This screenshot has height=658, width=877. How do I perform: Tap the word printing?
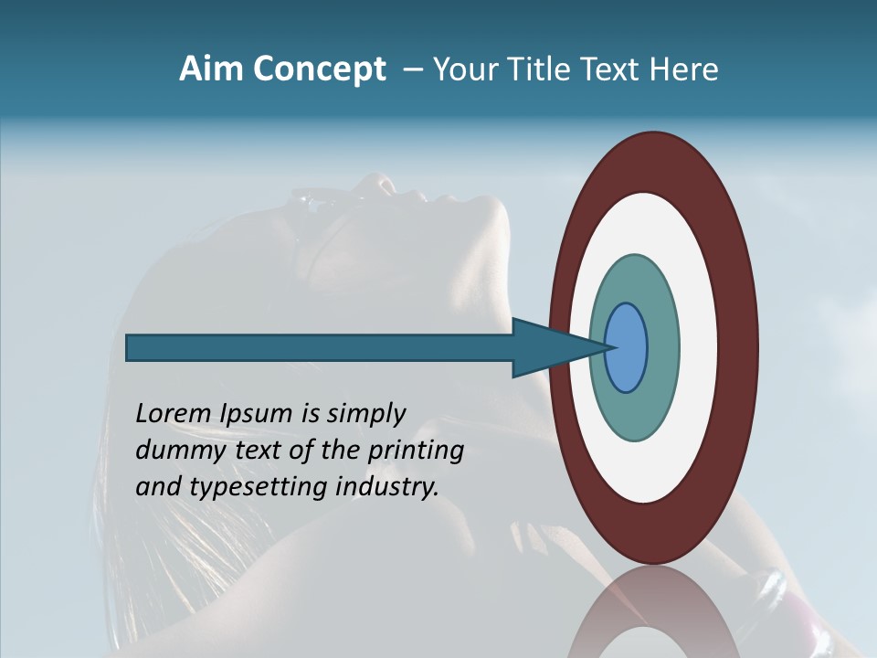click(x=416, y=451)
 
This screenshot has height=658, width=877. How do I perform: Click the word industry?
click(x=387, y=487)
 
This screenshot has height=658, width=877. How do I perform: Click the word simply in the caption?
click(x=365, y=415)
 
